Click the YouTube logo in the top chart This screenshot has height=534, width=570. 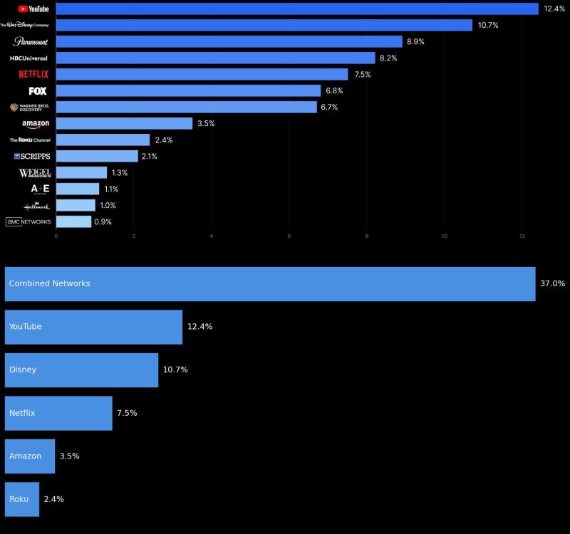click(33, 9)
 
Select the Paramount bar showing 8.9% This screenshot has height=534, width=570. click(229, 41)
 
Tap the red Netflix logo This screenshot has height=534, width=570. click(33, 74)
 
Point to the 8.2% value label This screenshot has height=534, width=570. click(388, 58)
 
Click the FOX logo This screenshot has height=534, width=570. click(38, 90)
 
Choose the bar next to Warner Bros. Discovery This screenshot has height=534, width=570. click(186, 107)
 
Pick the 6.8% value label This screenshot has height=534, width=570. click(334, 90)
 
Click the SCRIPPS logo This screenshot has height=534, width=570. click(32, 156)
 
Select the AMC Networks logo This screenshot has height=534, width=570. click(28, 221)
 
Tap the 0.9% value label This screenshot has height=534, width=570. click(103, 221)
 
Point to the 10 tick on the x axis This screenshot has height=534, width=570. click(445, 236)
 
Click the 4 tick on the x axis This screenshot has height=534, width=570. click(212, 236)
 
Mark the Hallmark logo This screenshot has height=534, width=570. click(36, 206)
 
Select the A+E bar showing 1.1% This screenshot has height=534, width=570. click(77, 189)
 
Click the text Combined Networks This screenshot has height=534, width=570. click(49, 283)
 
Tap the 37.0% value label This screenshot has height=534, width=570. click(552, 283)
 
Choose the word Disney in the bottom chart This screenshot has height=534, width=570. click(23, 370)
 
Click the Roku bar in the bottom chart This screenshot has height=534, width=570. click(21, 499)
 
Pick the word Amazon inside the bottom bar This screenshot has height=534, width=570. click(25, 456)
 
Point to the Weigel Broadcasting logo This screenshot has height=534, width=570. click(34, 173)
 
